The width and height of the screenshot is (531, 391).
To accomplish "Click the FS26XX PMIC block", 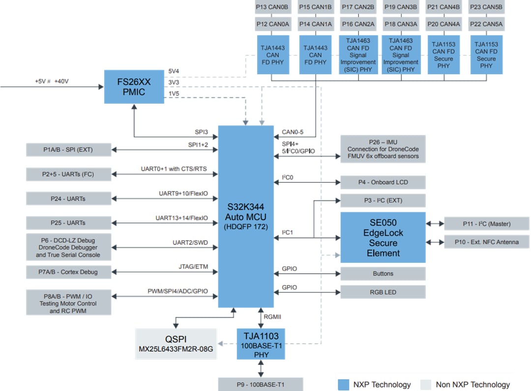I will coord(134,86).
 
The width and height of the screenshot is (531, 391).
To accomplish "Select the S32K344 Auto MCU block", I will coord(245,216).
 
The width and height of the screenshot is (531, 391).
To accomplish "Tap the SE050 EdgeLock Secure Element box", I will coord(383,237).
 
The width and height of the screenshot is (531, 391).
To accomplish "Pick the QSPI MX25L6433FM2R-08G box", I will coord(176,344).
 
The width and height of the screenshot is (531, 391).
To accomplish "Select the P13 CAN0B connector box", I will coord(272,7).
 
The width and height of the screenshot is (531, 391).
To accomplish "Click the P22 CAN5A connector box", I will coord(486,24).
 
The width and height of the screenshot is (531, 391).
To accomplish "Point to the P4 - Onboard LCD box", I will coord(383,182).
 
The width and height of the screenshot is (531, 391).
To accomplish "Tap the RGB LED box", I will coord(383,292).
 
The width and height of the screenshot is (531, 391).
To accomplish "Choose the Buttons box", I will coord(383,274).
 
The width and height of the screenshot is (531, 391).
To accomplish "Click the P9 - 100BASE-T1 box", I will coord(261,384).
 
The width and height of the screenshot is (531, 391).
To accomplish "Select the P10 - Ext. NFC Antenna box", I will coord(486,242).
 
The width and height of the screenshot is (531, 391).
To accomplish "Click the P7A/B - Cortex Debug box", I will coord(69,272).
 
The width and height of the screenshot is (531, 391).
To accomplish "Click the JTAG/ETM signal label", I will coord(194,266).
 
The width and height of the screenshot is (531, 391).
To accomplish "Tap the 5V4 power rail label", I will coord(174,71).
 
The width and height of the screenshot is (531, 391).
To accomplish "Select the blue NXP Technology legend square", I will coord(343,385).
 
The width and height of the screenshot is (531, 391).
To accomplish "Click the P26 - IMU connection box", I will coord(383,149).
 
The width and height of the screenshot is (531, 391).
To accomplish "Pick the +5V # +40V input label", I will coord(51,81).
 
